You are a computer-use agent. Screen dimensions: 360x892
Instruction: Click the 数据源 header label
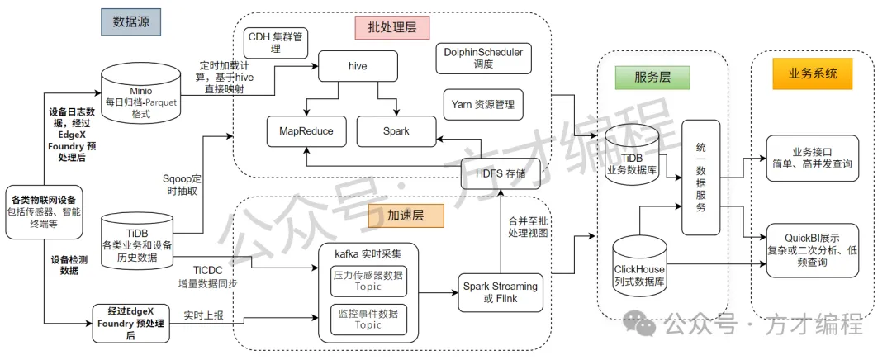(131, 22)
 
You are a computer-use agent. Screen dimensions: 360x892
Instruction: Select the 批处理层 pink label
(392, 27)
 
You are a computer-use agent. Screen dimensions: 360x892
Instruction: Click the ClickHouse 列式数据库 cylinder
(639, 262)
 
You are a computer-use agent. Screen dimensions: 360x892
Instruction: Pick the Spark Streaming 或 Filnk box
(501, 291)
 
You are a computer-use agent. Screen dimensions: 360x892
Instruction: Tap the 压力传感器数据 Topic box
(368, 281)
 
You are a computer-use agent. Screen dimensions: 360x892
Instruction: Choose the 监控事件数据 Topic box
(368, 320)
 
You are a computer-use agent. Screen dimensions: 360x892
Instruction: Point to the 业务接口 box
(812, 158)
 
